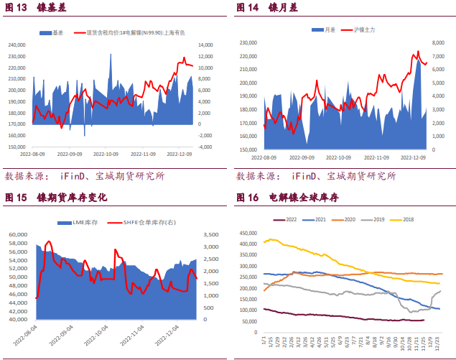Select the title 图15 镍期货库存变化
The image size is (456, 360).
(x=56, y=198)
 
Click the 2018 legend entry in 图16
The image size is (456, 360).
(x=404, y=219)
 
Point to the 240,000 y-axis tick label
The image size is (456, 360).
(x=17, y=45)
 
